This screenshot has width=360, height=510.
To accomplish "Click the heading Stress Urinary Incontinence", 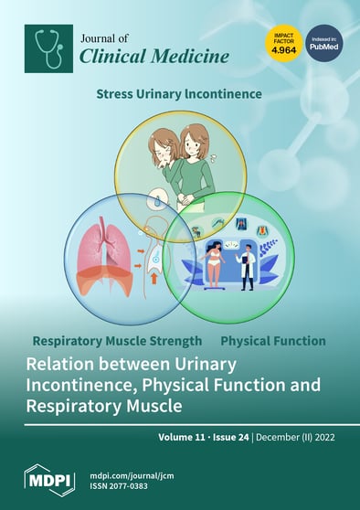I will [179, 93].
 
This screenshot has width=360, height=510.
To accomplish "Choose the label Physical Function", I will [273, 341].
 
